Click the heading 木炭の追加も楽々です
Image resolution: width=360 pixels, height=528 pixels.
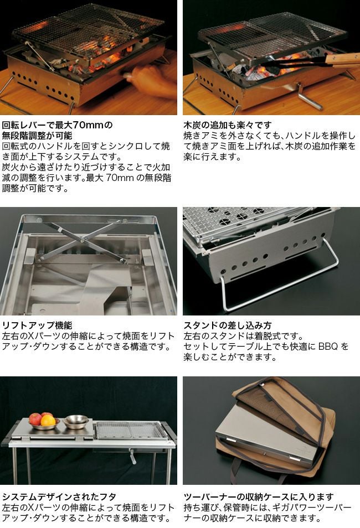228,125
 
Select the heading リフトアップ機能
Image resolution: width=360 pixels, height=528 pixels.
37,325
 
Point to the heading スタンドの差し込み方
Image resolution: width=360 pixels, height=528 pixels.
228,325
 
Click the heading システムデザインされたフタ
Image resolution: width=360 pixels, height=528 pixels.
59,496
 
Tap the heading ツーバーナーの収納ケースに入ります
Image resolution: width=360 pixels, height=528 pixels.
259,496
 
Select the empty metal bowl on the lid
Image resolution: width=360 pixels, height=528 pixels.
76,421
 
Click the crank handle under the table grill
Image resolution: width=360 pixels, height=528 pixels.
133,456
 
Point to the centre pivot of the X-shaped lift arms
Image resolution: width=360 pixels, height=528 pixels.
83,240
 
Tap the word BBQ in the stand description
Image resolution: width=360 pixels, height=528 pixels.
328,346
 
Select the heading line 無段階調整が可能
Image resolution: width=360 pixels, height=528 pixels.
37,136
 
